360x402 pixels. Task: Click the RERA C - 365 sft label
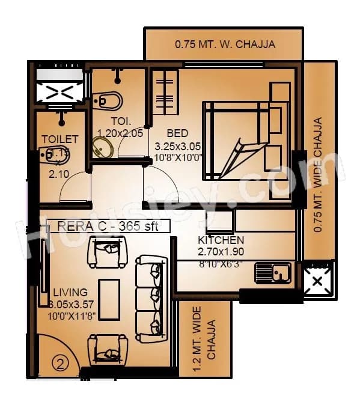click(105, 226)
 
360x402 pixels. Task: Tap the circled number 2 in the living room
click(58, 362)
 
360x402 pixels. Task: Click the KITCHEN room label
click(221, 240)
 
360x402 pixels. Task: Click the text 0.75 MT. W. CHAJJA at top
click(225, 44)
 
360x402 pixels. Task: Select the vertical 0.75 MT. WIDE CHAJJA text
click(319, 174)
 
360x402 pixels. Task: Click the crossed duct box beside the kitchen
click(317, 280)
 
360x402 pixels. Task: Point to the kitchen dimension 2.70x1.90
click(221, 252)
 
